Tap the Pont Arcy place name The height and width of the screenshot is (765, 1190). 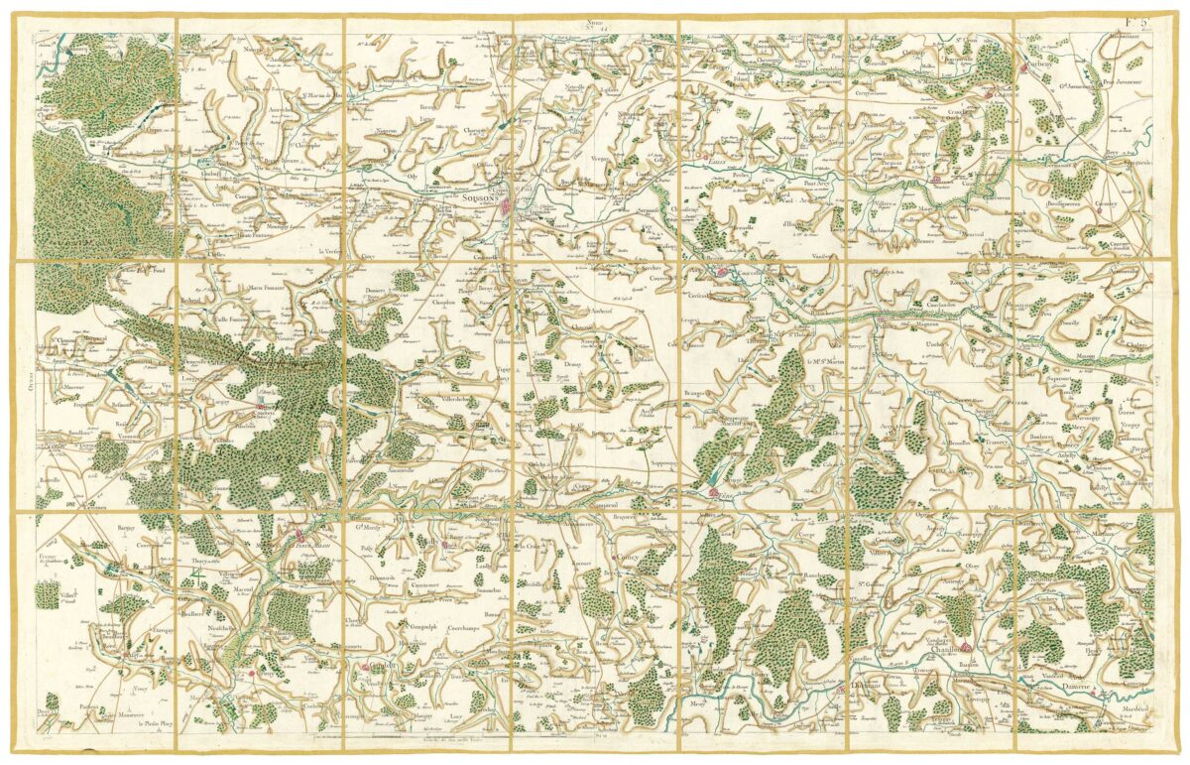(819, 183)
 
